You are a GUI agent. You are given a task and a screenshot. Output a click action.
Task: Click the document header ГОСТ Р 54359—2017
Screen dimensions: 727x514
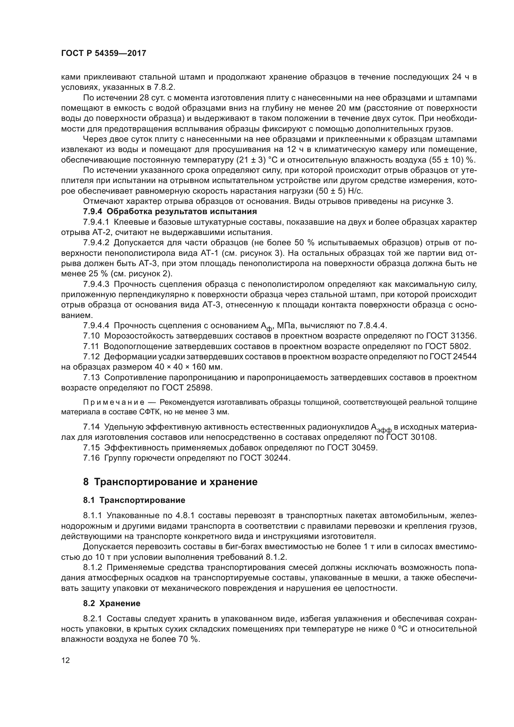point(103,53)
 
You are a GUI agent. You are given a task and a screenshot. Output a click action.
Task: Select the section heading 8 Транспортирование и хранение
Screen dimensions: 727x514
point(170,482)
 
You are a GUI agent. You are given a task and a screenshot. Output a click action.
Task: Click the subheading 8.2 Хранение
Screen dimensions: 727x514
point(112,604)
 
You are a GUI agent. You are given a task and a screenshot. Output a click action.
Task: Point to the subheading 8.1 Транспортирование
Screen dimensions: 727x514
point(134,500)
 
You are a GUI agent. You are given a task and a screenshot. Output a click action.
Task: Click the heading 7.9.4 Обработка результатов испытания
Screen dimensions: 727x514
point(170,211)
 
